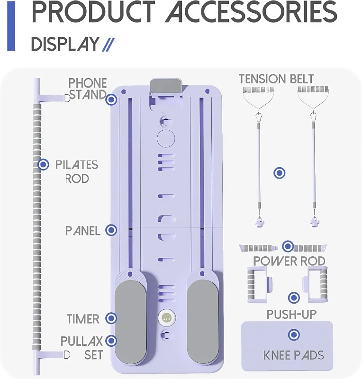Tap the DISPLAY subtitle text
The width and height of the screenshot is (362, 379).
65,44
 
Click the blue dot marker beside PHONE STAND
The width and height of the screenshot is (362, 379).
111,99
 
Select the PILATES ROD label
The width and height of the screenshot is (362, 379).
76,171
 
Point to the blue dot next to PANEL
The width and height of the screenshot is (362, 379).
111,230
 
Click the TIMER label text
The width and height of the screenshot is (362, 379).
83,318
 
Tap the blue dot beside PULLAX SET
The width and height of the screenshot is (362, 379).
111,340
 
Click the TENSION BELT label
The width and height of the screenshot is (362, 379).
276,79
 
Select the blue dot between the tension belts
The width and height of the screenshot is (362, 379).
280,173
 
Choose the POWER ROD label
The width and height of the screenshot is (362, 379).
289,261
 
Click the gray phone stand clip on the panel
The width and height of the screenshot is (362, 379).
166,87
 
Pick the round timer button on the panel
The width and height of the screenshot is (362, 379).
166,318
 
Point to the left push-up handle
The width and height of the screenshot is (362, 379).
256,283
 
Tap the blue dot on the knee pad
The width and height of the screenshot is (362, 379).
294,335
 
